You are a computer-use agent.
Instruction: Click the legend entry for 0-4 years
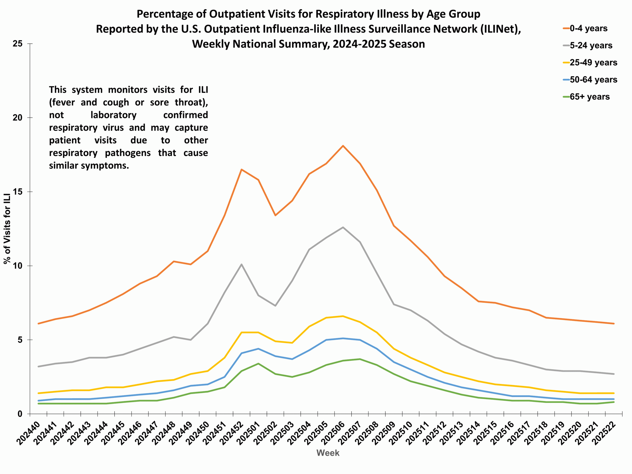[x=588, y=28]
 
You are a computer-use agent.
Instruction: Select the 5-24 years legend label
[x=591, y=45]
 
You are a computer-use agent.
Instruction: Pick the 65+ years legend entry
[x=589, y=97]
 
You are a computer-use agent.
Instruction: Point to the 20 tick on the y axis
[x=18, y=118]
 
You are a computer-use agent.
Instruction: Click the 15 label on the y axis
[x=18, y=192]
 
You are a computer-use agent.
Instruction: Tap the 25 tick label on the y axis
[x=18, y=44]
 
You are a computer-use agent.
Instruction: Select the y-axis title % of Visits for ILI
[x=7, y=229]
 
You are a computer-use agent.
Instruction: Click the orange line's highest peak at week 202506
[x=343, y=146]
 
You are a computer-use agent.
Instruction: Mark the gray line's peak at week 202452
[x=241, y=264]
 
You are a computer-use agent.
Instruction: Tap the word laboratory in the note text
[x=113, y=115]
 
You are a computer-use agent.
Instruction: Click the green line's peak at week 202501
[x=258, y=363]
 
